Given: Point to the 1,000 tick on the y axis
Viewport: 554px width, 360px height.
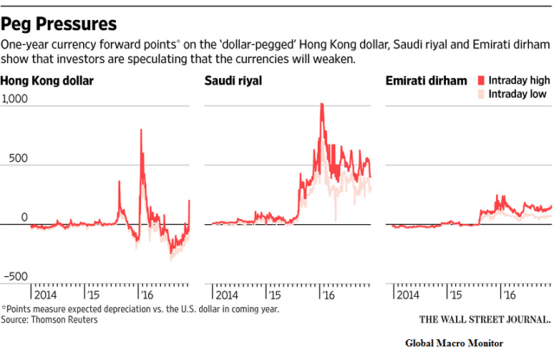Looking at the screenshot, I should (x=15, y=100).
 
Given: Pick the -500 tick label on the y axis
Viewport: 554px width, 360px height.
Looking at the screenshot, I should (x=15, y=276).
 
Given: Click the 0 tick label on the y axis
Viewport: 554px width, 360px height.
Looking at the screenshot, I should (x=24, y=217).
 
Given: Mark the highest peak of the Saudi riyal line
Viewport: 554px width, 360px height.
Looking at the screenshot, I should (x=322, y=105).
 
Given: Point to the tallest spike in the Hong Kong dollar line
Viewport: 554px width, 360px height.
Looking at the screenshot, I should (x=141, y=131).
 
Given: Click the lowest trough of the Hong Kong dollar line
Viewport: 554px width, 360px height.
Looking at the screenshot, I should (x=171, y=258).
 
